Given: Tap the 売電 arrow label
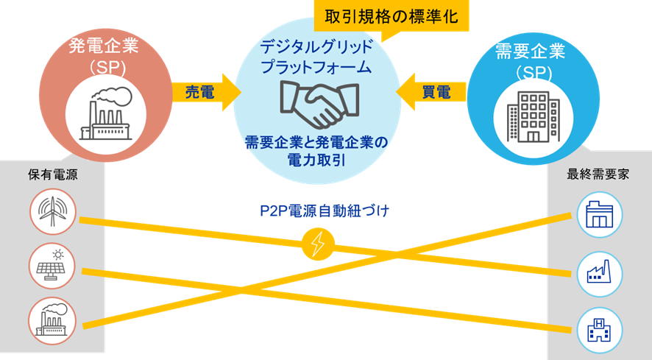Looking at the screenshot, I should tap(200, 91).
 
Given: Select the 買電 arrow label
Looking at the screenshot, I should tap(436, 91).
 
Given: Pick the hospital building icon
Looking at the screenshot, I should tap(599, 329).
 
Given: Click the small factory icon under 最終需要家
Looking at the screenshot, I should tap(599, 273).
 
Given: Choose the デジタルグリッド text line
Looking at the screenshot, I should tap(316, 48).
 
